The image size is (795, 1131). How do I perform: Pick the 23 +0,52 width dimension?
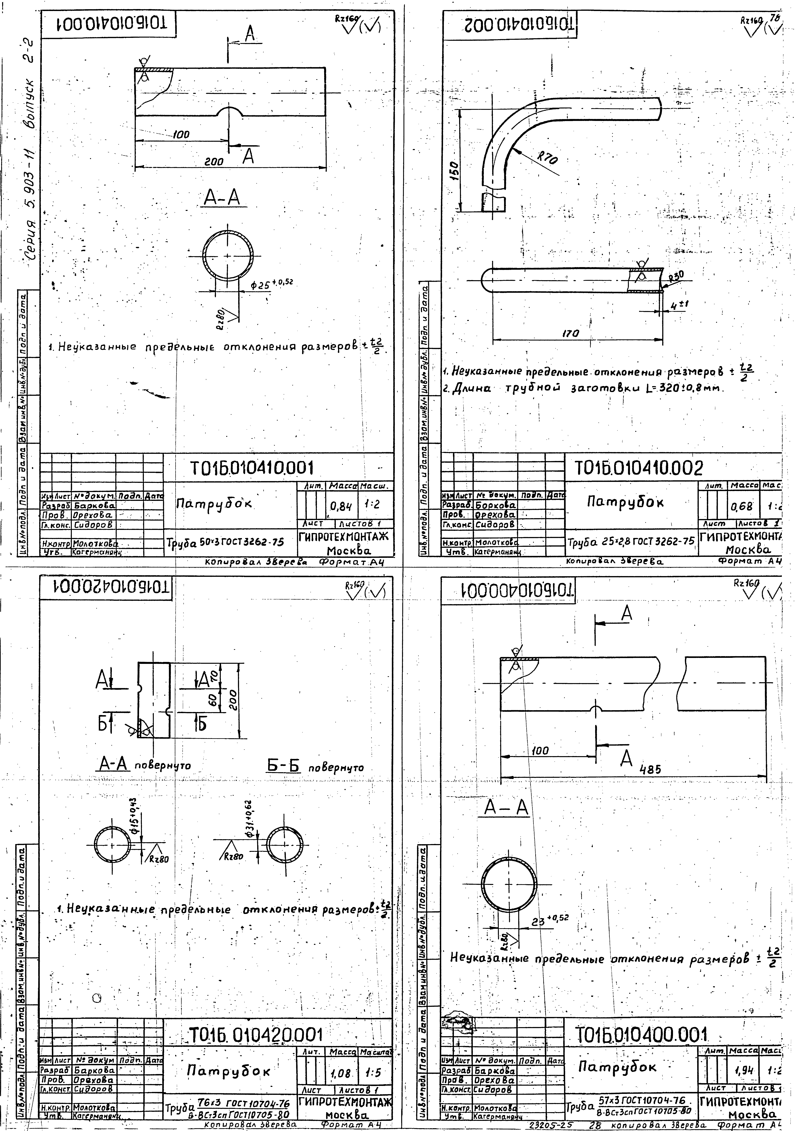550,919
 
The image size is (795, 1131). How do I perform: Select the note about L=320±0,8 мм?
581,388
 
